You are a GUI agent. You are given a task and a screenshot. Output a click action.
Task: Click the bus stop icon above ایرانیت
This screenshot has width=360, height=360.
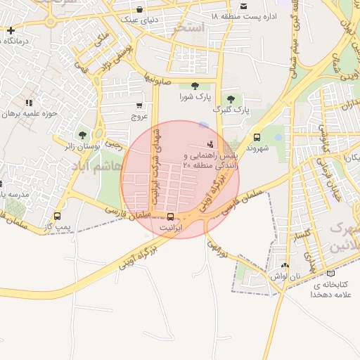(171, 217)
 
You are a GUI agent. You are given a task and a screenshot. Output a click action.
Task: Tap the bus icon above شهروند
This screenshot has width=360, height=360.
(257, 138)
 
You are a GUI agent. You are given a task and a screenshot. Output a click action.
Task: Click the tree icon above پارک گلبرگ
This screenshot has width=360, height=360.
(231, 98)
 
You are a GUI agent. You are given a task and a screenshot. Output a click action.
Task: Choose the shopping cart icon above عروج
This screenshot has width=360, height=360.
(139, 105)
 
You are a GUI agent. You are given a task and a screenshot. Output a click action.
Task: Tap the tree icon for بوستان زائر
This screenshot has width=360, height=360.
(83, 134)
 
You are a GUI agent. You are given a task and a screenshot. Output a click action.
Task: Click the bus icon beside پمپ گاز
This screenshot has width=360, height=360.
(57, 217)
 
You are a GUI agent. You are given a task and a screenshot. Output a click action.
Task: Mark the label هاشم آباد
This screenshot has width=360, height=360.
(89, 165)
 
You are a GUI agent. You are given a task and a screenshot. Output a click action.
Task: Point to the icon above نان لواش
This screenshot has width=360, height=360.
(284, 266)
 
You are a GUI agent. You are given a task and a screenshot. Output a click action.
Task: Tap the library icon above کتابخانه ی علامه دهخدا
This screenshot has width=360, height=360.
(330, 273)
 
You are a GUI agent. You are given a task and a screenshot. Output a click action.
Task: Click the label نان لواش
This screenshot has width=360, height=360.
(285, 277)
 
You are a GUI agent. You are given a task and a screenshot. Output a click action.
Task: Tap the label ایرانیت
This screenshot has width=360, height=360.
(171, 229)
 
